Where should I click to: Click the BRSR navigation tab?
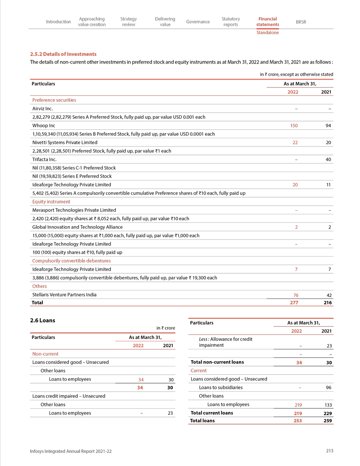301,22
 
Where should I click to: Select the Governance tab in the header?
198,22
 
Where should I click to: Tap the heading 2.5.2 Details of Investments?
63,54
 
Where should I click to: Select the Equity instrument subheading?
51,202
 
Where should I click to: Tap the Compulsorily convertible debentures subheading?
72,261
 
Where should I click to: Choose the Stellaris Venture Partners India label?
64,295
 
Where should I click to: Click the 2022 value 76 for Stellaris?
296,295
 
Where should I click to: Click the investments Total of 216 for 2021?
328,303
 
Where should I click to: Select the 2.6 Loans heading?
42,321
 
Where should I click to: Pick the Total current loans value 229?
328,413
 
